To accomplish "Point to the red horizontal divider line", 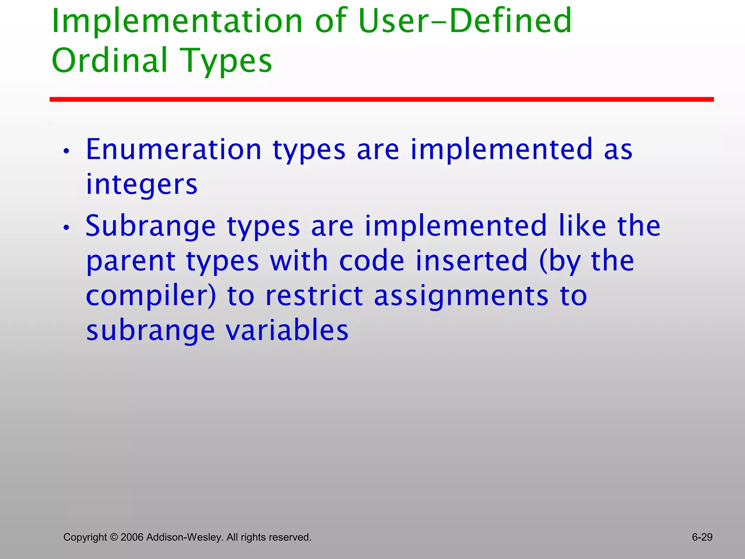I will pyautogui.click(x=381, y=99).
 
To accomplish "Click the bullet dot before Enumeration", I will pyautogui.click(x=66, y=151).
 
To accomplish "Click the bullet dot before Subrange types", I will pyautogui.click(x=66, y=228).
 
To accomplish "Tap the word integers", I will pyautogui.click(x=142, y=184).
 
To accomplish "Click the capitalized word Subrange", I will pyautogui.click(x=151, y=226).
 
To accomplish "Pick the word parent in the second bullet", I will pyautogui.click(x=131, y=261).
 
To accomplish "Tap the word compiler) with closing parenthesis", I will pyautogui.click(x=151, y=296).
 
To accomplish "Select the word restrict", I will pyautogui.click(x=314, y=296).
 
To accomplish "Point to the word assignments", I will pyautogui.click(x=461, y=296).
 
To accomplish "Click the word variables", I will pyautogui.click(x=287, y=330).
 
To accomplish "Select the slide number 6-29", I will pyautogui.click(x=702, y=537).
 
